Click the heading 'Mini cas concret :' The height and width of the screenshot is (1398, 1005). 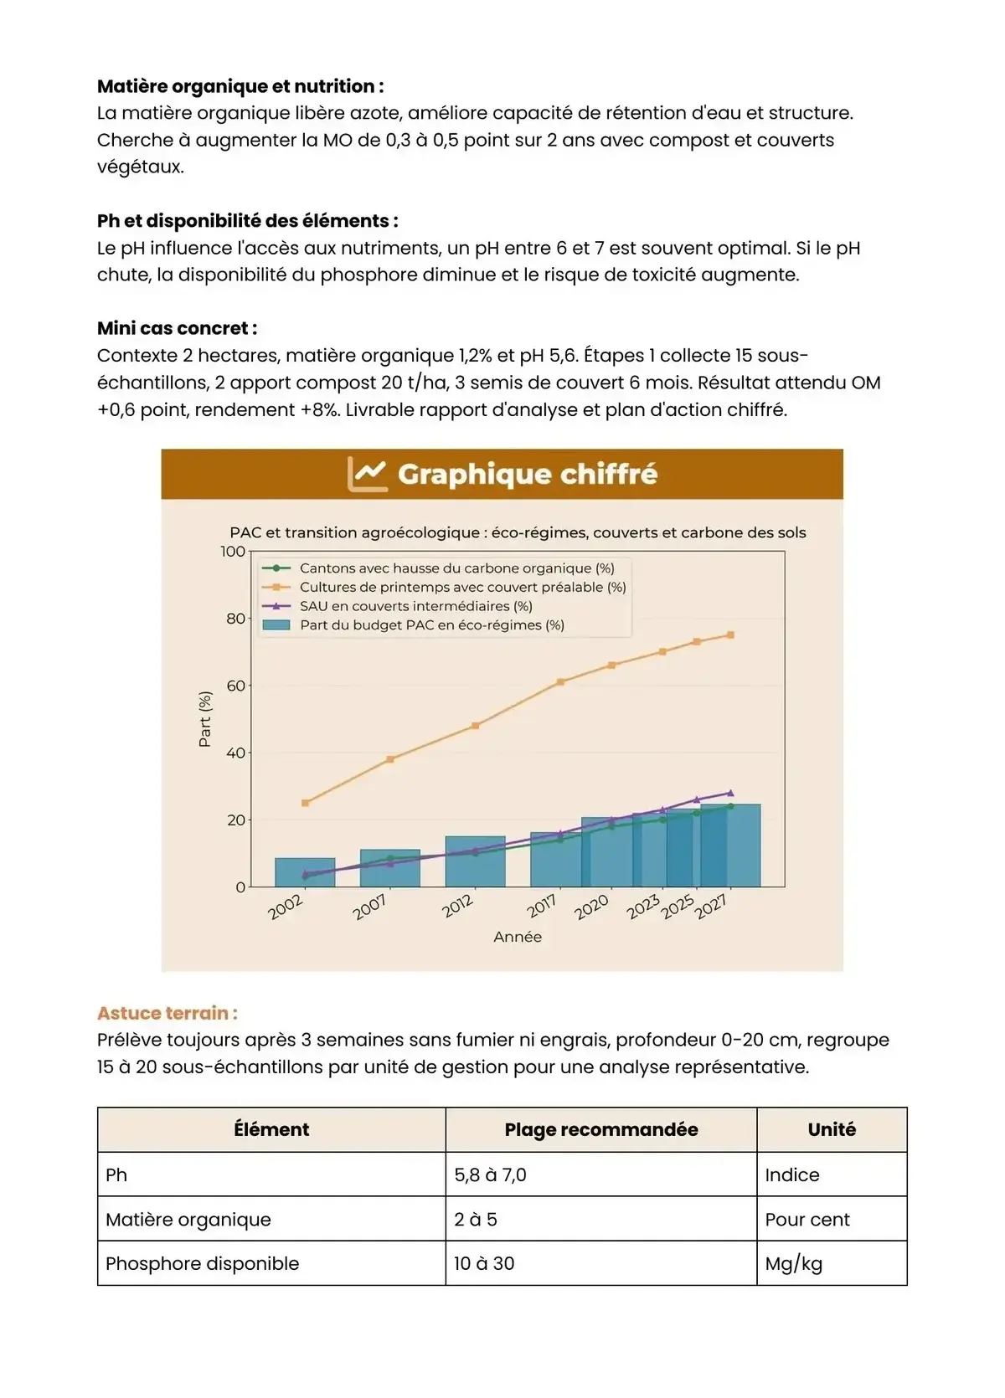click(177, 328)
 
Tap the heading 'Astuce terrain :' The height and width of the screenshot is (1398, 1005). click(167, 1013)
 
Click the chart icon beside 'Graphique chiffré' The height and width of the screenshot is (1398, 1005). click(367, 474)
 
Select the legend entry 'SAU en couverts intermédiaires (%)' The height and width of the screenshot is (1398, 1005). click(415, 606)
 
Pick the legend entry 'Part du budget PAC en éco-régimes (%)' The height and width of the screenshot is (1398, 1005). click(431, 625)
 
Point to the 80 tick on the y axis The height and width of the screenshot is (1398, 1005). click(235, 619)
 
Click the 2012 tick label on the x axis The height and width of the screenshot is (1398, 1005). click(458, 906)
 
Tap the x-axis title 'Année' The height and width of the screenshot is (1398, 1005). click(518, 937)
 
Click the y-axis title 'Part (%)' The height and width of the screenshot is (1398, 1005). click(204, 719)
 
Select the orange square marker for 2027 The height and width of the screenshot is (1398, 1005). click(730, 635)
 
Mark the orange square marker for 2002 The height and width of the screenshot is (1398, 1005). click(305, 803)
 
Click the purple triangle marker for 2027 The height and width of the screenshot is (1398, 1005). click(730, 793)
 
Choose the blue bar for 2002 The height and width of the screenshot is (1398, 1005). click(305, 872)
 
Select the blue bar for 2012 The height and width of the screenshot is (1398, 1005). click(475, 861)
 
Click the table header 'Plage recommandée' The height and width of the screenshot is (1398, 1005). click(600, 1129)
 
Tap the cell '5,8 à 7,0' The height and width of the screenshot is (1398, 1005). click(490, 1174)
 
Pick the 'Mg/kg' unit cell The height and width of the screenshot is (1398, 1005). click(793, 1263)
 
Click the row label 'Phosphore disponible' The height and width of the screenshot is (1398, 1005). click(202, 1263)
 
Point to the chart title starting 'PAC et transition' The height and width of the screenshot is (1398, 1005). click(518, 532)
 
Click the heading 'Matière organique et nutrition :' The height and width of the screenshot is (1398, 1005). click(240, 86)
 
